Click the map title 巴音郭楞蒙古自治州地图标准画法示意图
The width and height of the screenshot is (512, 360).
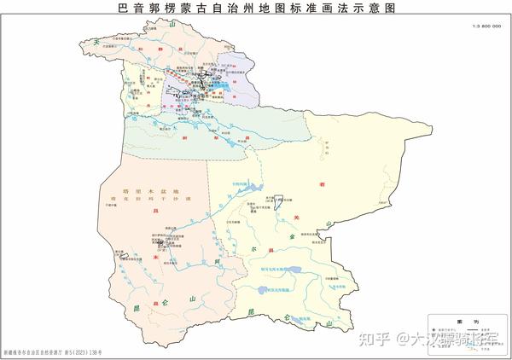click(x=255, y=8)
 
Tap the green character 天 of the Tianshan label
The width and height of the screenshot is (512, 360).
click(x=97, y=41)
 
